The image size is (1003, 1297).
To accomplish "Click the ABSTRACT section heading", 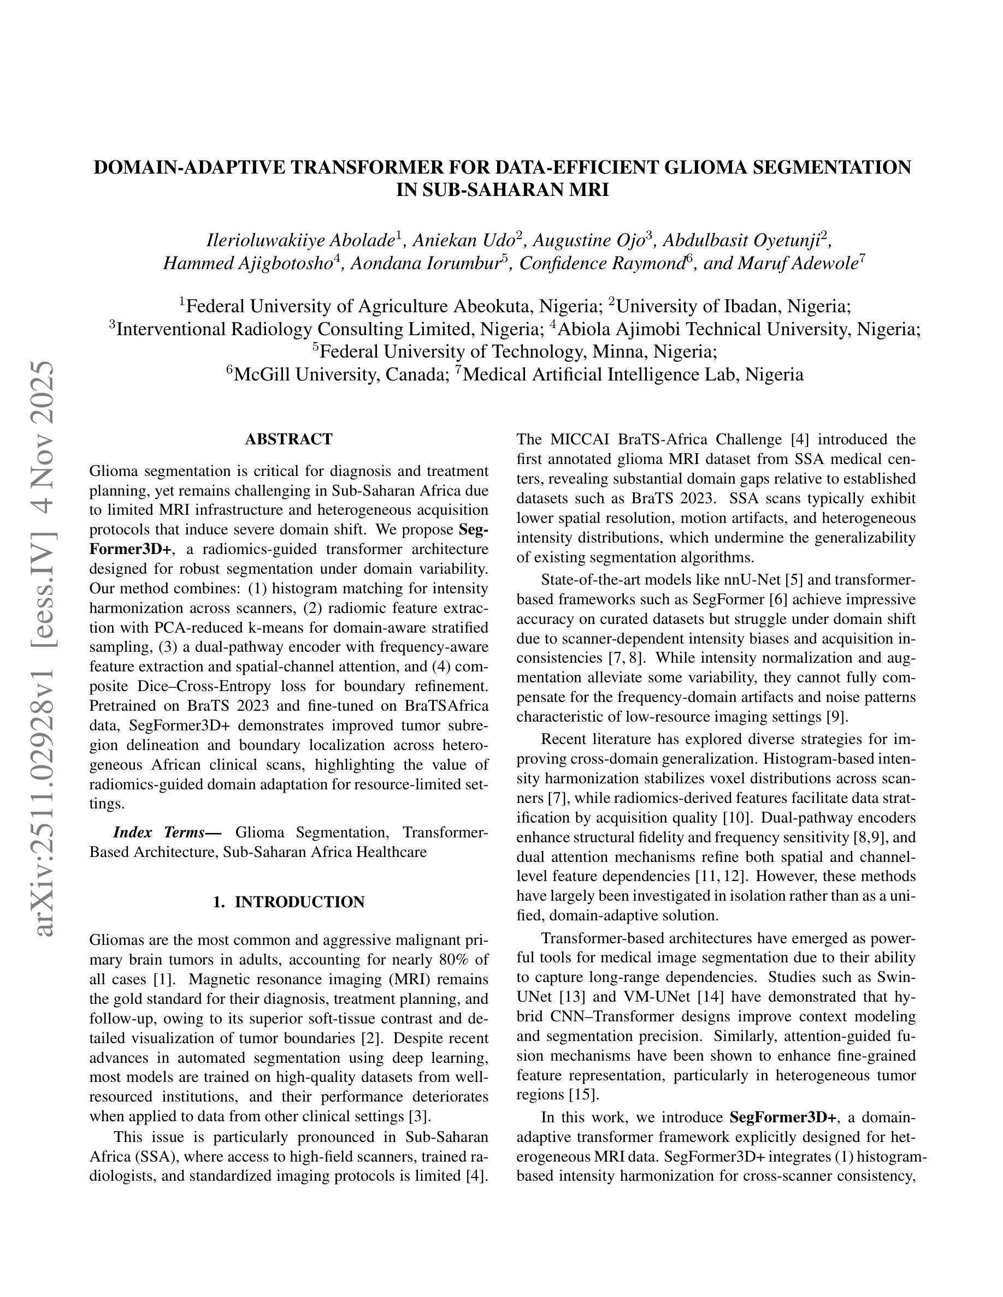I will point(289,439).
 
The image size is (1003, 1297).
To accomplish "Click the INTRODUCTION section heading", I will point(289,902).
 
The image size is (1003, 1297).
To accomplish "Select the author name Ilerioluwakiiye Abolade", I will point(300,241).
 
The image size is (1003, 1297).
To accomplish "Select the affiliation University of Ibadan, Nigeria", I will point(736,306).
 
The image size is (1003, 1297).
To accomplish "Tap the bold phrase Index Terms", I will point(158,832).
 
